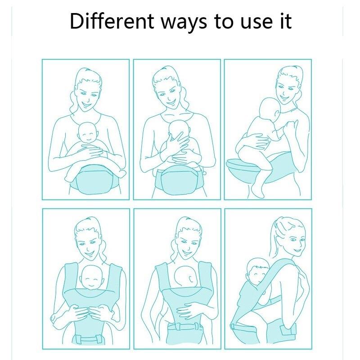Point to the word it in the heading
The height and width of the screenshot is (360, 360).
point(286,21)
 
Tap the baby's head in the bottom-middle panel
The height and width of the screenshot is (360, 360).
point(186,277)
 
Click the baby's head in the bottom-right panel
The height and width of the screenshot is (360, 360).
point(257,270)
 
